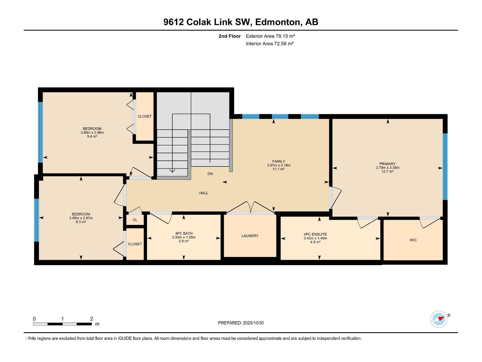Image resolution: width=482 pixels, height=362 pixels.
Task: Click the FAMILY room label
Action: (278, 161)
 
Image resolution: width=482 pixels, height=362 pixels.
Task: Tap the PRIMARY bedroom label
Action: (387, 164)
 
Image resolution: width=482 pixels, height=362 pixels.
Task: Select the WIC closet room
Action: (413, 240)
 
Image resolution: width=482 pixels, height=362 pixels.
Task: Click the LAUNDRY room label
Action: (250, 236)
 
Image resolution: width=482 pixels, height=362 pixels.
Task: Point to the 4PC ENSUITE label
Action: (315, 234)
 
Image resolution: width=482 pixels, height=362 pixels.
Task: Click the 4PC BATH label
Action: (184, 233)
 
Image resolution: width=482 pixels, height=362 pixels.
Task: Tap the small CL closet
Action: (135, 220)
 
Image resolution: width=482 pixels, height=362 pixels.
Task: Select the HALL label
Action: (204, 193)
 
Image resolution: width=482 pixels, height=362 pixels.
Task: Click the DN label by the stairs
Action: (210, 174)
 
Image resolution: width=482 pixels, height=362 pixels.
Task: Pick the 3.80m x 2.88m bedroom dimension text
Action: (92, 133)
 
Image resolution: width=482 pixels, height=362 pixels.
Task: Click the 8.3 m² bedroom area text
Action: (81, 222)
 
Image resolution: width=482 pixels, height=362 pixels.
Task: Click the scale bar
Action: (62, 324)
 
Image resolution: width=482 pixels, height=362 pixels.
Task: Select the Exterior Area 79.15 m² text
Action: (270, 36)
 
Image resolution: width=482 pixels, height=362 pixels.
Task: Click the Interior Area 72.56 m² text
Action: (270, 44)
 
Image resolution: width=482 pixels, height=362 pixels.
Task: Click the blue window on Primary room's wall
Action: (445, 167)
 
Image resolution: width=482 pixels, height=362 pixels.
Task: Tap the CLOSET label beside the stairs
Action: (145, 116)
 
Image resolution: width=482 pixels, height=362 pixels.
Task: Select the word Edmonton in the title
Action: (278, 22)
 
